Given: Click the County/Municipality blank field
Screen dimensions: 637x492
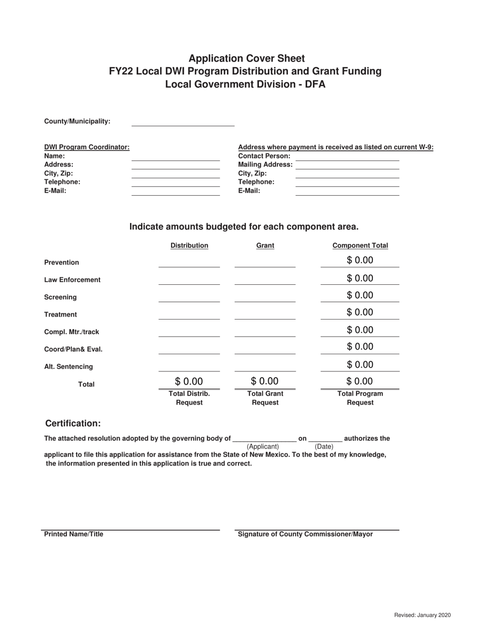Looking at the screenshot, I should point(183,122).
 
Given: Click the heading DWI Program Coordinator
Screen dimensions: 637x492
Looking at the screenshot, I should point(87,147).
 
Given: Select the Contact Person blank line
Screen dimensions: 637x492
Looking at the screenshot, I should point(347,156).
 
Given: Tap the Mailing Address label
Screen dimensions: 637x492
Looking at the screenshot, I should point(265,165).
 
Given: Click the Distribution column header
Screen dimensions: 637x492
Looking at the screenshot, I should point(189,245).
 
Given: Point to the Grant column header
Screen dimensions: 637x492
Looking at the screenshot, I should point(265,245).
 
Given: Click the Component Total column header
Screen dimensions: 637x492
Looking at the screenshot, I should point(360,245).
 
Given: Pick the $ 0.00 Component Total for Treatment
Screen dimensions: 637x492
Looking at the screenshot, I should point(360,312).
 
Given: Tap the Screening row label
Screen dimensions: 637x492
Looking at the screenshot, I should point(61,297).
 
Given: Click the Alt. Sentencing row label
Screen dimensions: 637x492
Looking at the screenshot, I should point(68,367).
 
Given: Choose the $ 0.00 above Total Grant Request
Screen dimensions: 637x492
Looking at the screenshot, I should point(265,382).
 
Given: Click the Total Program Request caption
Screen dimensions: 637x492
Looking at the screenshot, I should point(360,398).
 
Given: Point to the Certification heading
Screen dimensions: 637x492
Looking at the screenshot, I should point(73,424).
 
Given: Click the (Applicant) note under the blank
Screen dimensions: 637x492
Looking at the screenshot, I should point(263,446).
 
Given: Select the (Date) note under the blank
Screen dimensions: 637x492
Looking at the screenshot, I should point(324,446).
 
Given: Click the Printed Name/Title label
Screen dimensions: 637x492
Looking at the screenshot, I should point(74,534).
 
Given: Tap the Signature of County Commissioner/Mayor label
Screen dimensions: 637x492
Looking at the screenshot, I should point(305,534).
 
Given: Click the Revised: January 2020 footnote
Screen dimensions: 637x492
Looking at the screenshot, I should point(422,615).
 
